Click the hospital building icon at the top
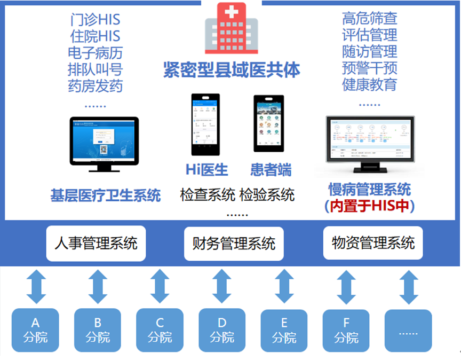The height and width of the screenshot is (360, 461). (231, 29)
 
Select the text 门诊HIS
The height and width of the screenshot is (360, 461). (95, 20)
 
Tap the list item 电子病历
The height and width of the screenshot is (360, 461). (95, 53)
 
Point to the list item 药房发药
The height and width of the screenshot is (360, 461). (95, 86)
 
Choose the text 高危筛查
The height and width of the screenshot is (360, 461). (370, 19)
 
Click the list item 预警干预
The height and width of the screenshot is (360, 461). (370, 68)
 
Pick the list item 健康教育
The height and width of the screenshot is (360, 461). (370, 85)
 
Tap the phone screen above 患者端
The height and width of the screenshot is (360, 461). (268, 124)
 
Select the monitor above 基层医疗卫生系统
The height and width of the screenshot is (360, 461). (105, 142)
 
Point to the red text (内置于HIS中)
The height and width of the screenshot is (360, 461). (370, 206)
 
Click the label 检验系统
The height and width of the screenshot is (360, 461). (267, 194)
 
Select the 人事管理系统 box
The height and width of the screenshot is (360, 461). (96, 244)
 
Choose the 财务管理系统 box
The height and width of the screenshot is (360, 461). (234, 244)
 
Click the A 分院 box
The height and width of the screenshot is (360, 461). (36, 331)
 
